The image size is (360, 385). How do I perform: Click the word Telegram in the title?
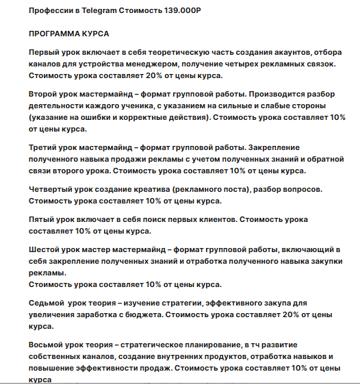(x=99, y=12)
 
